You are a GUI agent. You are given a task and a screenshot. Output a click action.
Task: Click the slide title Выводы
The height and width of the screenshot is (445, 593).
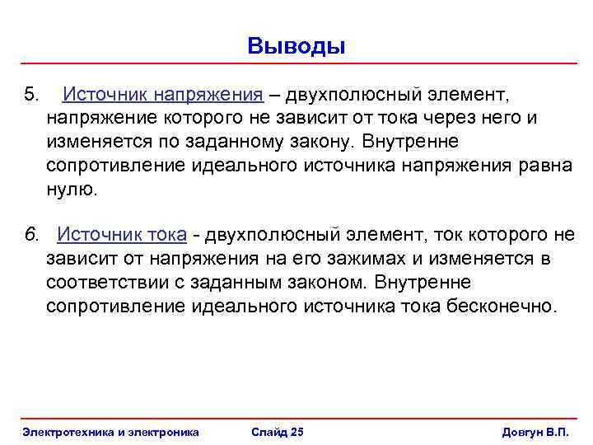tap(296, 45)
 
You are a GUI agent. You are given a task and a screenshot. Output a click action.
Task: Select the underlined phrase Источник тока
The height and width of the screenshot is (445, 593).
tap(121, 235)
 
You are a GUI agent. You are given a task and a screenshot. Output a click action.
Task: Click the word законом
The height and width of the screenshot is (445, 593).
tap(325, 283)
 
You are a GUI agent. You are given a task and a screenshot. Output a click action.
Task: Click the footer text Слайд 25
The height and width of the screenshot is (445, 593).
tap(277, 433)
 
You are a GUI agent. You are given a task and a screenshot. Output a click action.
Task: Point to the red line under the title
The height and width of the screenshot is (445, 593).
tap(296, 63)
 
